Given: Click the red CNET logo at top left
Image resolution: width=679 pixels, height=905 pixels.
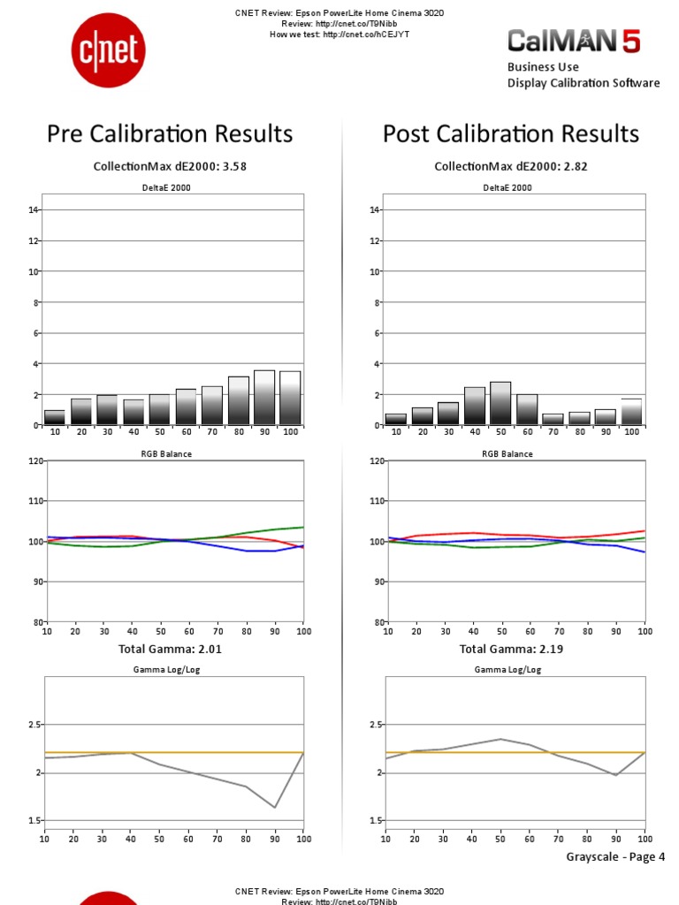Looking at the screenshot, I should tap(107, 51).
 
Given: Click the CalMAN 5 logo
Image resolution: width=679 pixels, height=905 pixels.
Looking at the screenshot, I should tap(573, 41).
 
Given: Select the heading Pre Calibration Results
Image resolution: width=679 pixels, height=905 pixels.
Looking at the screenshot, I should tap(170, 133).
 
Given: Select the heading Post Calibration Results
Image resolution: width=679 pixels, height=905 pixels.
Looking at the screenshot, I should tap(510, 133).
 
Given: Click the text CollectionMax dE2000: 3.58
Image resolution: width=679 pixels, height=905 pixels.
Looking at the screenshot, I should tap(166, 166).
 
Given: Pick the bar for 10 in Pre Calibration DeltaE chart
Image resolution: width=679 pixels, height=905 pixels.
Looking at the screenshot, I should tap(55, 417).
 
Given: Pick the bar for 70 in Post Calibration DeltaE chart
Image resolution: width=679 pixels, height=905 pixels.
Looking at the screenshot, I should tap(553, 419).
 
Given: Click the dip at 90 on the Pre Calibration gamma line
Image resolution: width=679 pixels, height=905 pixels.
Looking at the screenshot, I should tap(275, 807).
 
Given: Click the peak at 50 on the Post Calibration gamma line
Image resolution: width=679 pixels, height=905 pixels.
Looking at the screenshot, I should tap(500, 739).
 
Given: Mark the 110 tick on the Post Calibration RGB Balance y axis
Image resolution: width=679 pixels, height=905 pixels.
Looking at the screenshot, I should tap(375, 500).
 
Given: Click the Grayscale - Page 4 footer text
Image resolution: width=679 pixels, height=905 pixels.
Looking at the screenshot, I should tap(614, 856).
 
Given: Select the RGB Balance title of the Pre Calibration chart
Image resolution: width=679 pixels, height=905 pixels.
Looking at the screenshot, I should tap(166, 453).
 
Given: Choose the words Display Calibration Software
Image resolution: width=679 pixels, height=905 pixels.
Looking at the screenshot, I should tap(583, 83).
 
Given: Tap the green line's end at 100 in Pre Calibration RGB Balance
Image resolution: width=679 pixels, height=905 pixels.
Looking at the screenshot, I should tap(303, 528).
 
